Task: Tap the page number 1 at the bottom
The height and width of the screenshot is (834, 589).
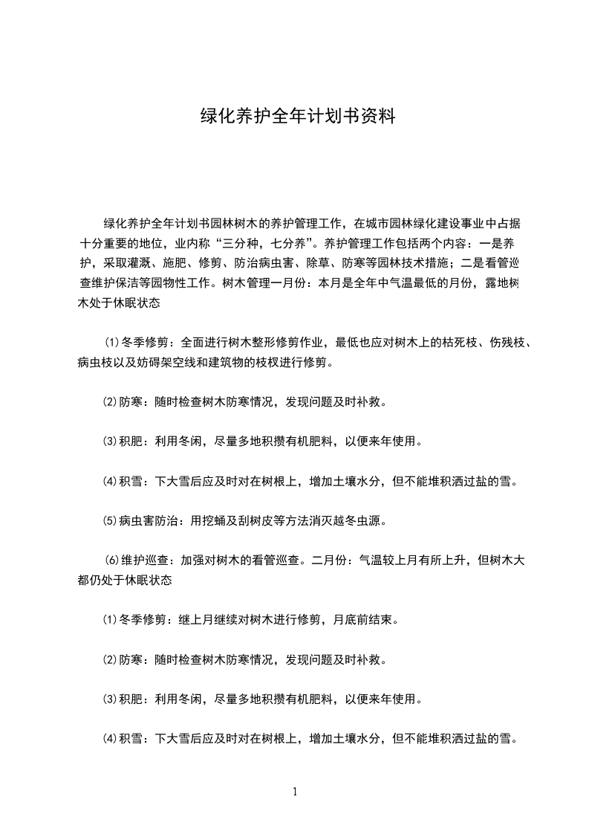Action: pos(295,791)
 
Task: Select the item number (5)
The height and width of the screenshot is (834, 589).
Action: pos(109,520)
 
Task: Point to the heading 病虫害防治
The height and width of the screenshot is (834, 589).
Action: pos(149,520)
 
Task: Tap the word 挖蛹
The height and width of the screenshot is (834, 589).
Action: pos(215,520)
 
